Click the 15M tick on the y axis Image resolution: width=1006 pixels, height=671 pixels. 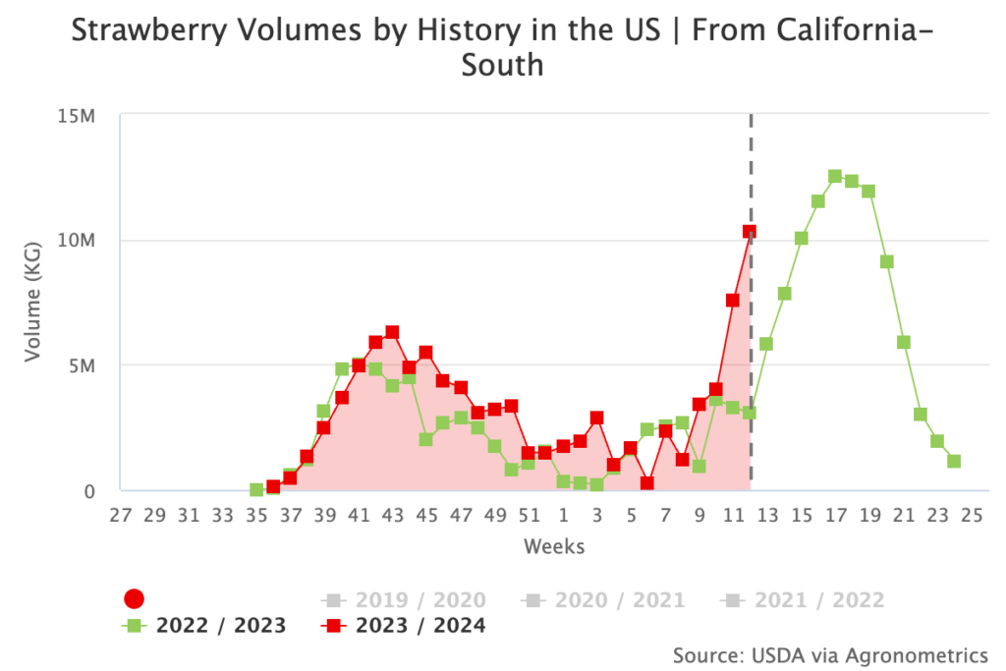pos(75,116)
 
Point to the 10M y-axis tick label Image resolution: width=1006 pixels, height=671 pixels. pos(75,241)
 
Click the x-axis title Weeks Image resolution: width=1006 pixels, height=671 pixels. pos(554,546)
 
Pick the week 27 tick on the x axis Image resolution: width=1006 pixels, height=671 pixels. pos(121,515)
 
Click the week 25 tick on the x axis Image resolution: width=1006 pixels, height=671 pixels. pos(972,515)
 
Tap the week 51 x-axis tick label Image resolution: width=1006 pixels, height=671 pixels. pos(530,515)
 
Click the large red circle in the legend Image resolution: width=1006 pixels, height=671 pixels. pos(136,599)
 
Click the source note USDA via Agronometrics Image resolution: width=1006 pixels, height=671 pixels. pos(830,654)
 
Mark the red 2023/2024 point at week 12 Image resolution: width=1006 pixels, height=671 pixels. pos(750,232)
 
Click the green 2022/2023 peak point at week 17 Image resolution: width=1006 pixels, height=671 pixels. pos(835,177)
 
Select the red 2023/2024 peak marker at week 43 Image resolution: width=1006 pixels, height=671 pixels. pos(392,332)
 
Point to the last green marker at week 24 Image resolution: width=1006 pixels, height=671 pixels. pos(954,461)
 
